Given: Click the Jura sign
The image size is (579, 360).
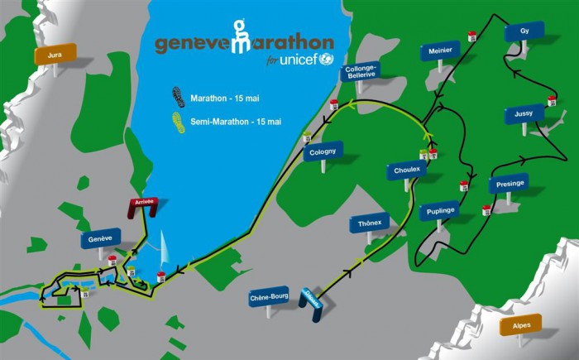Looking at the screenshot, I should coord(55,55).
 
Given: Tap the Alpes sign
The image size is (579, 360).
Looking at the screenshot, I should coord(521,324).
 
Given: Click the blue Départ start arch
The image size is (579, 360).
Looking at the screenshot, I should coord(312,303).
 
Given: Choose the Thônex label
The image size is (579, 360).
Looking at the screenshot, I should coord(370,224).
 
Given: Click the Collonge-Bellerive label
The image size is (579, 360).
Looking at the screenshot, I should coord(361,72).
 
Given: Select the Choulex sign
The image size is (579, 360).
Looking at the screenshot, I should coord(408,170).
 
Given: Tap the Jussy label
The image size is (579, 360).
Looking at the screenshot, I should coord(524,113).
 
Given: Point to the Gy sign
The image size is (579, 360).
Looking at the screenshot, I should coord(524,31).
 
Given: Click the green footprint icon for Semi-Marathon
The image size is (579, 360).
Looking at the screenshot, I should coord(177,122).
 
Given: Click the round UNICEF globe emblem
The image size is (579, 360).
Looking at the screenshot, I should coord(326,59).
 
